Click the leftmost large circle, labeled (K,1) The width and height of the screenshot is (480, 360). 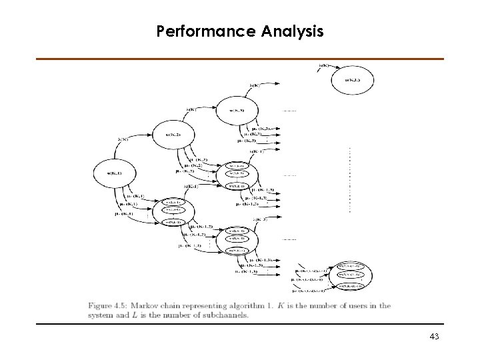[109, 173]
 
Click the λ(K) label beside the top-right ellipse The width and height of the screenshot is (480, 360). [323, 65]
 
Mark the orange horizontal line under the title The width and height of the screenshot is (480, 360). [240, 59]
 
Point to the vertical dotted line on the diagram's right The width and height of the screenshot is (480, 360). [349, 180]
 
